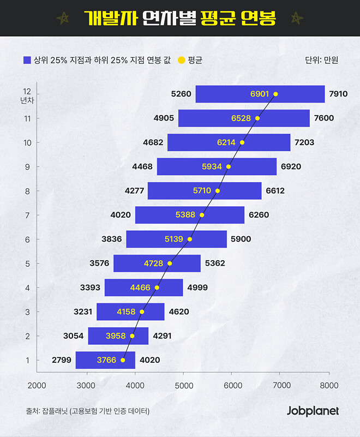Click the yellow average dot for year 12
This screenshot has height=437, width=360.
click(x=275, y=94)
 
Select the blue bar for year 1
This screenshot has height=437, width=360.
click(x=105, y=360)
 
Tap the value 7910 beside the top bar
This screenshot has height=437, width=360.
click(x=338, y=94)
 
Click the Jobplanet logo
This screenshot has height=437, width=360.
click(x=313, y=411)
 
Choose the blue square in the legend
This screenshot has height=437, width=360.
click(x=27, y=59)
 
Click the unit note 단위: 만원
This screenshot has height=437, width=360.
click(x=322, y=60)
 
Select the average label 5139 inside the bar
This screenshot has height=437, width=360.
click(x=175, y=239)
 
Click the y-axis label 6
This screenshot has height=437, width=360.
click(x=27, y=239)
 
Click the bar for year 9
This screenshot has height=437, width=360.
click(x=217, y=166)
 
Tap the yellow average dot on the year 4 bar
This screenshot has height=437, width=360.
click(x=157, y=288)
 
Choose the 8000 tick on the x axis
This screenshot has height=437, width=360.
click(x=329, y=385)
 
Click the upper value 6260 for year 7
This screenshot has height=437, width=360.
click(x=259, y=215)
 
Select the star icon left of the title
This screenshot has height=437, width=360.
click(x=64, y=19)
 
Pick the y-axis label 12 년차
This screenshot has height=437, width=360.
click(x=27, y=95)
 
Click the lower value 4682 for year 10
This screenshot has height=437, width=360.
click(x=153, y=142)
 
